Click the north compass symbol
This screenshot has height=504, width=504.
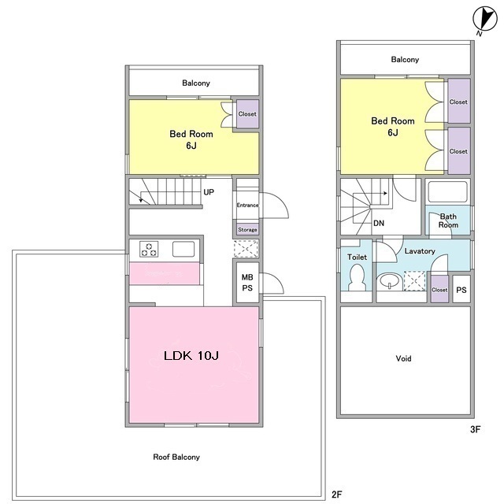click(x=485, y=19)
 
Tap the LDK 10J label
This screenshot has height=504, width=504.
click(x=191, y=355)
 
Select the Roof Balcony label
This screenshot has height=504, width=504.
click(x=176, y=457)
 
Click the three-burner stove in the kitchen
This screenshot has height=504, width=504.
click(x=149, y=249)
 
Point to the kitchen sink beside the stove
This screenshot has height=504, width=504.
click(x=183, y=249)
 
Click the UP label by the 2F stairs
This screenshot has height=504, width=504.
click(x=209, y=192)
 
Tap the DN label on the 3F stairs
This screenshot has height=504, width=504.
click(x=379, y=223)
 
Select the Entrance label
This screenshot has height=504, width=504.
click(x=247, y=205)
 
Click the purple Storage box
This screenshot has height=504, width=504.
click(x=247, y=229)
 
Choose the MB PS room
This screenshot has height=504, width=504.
click(x=247, y=283)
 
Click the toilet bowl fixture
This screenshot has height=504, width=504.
click(x=357, y=277)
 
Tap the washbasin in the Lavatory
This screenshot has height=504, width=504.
click(x=390, y=282)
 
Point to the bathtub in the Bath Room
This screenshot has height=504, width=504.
click(x=447, y=192)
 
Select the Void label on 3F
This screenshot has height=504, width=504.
click(x=403, y=358)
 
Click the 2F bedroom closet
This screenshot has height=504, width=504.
click(x=247, y=113)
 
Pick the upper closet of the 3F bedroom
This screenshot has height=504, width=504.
click(x=459, y=101)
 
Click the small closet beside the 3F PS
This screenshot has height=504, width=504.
click(x=439, y=289)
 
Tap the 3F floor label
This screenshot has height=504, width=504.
click(x=475, y=429)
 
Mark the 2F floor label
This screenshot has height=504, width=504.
click(x=336, y=494)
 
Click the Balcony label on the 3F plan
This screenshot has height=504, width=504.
click(x=405, y=60)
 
